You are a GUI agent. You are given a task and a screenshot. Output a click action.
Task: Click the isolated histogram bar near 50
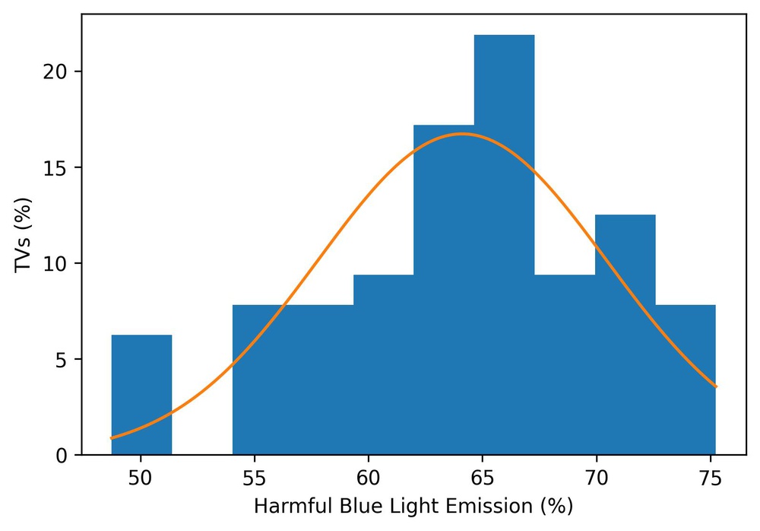(141, 395)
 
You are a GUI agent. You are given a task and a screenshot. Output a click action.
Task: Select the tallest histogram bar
(504, 243)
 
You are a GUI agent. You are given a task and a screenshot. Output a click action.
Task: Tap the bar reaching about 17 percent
(444, 289)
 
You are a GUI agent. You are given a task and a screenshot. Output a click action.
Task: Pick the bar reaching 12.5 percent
(625, 335)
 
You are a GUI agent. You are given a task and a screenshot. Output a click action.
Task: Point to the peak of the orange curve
(461, 134)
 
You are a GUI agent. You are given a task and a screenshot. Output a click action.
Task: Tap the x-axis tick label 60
(369, 481)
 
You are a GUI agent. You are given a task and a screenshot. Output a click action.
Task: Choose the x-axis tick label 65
(482, 481)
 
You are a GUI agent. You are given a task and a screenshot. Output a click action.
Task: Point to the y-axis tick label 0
(62, 456)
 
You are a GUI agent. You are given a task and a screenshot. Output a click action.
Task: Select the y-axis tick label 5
(62, 360)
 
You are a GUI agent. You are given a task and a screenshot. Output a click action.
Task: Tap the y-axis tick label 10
(57, 264)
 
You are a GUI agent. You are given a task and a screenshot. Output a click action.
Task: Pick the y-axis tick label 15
(57, 167)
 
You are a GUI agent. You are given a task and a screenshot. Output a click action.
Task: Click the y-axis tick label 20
(57, 72)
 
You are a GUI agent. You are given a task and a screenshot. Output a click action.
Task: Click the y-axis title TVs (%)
(25, 236)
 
